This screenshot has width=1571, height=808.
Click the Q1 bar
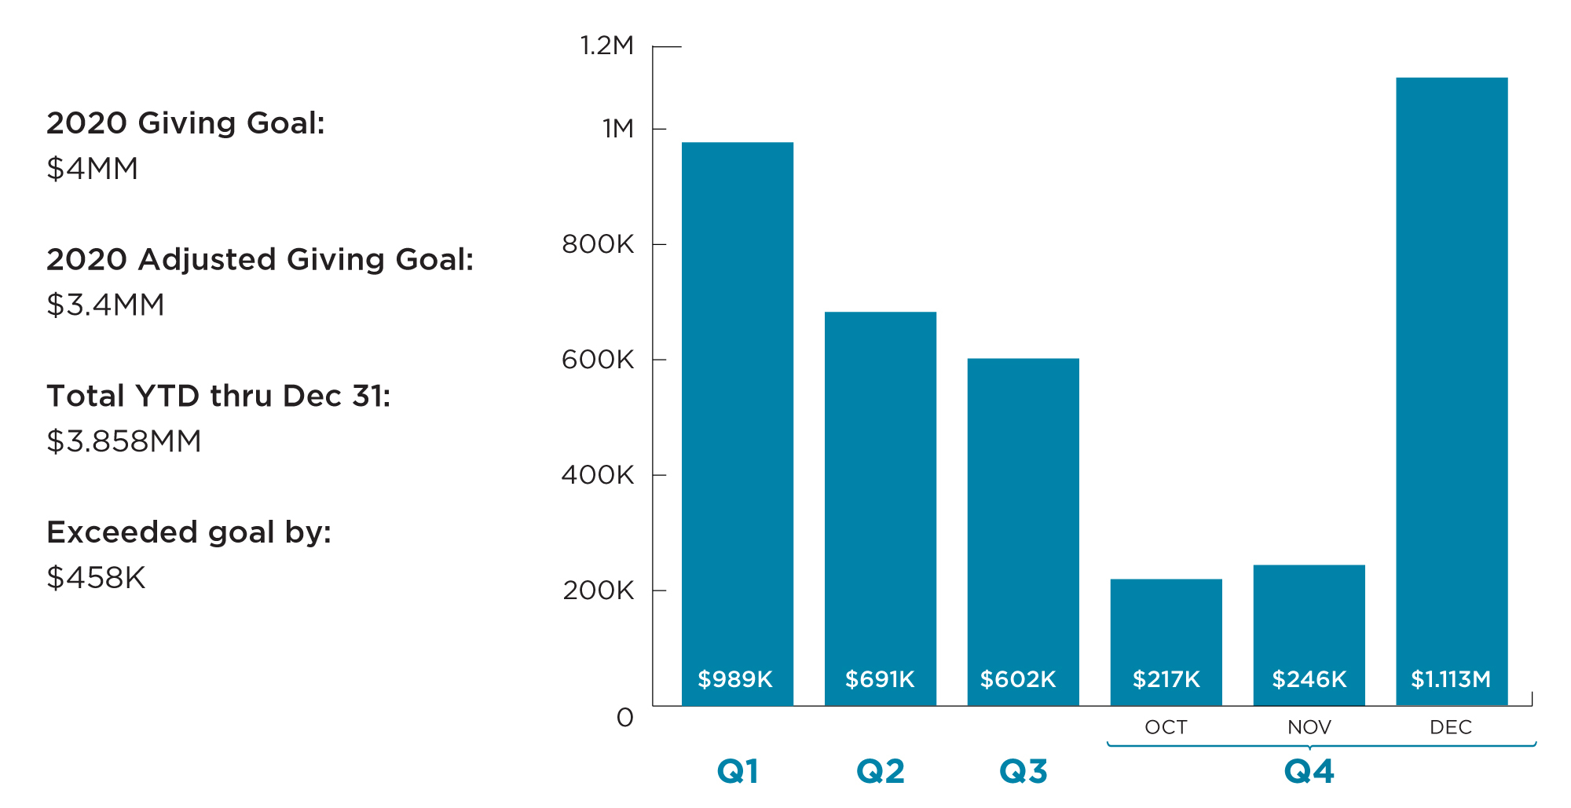(x=738, y=424)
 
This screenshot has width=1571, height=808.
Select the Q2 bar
(x=881, y=509)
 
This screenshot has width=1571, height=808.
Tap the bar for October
(x=1166, y=642)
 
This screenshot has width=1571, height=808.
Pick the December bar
(x=1452, y=391)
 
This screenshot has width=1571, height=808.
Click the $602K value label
(x=1018, y=679)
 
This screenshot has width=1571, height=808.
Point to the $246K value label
(x=1309, y=679)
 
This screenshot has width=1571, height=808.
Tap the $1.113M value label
(x=1451, y=679)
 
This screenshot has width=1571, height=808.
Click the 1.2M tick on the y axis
(x=606, y=46)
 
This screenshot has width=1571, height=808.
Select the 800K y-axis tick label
(x=598, y=244)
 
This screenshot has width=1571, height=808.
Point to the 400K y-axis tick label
(x=598, y=475)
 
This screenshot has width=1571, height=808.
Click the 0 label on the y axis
(x=625, y=718)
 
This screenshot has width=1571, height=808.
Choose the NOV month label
(x=1309, y=727)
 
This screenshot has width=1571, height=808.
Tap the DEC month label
(x=1451, y=727)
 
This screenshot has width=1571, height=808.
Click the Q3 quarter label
(x=1024, y=771)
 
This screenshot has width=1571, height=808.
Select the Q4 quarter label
(x=1309, y=771)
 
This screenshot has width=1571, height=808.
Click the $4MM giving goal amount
(x=93, y=168)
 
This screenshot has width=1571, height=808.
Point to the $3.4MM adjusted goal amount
(x=106, y=305)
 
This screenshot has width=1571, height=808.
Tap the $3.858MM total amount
(x=124, y=441)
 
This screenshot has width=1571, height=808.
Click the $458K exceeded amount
(x=96, y=577)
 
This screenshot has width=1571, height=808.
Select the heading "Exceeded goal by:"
(x=189, y=532)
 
